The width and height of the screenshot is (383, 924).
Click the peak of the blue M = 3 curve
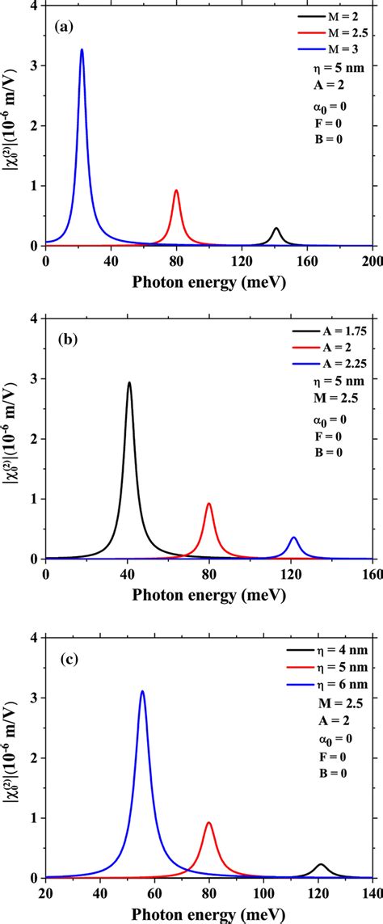tap(82, 50)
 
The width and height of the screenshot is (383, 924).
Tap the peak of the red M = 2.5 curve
tap(176, 191)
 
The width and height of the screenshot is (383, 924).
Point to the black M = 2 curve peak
tap(276, 229)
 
